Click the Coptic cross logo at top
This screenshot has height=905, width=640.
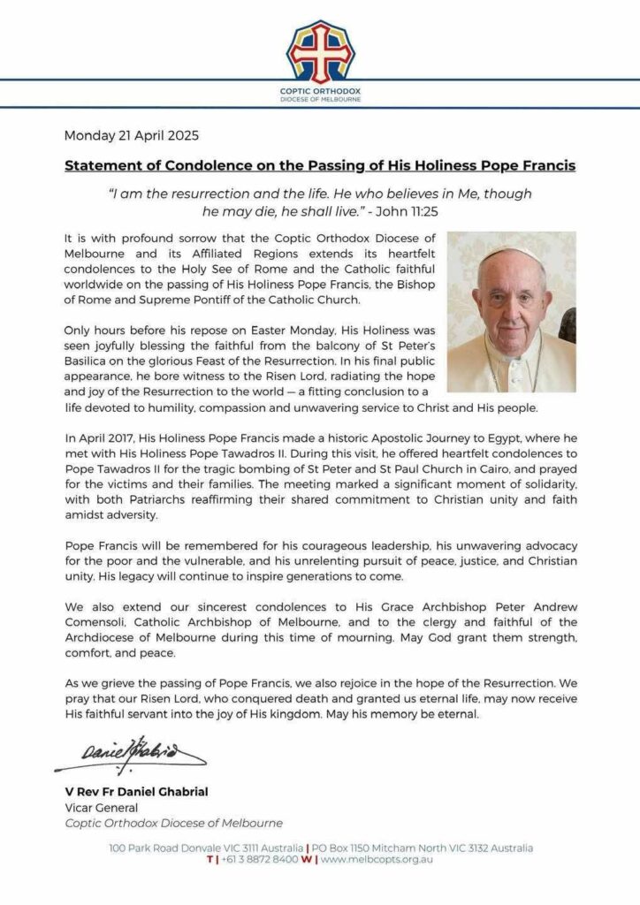click(x=320, y=52)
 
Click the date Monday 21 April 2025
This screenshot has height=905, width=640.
click(x=132, y=136)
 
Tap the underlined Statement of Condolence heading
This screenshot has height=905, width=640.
click(x=320, y=165)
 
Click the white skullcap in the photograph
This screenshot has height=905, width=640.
click(x=513, y=254)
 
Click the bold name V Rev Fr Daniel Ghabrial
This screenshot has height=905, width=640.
click(x=137, y=792)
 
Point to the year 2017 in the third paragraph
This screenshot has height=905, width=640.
click(x=114, y=436)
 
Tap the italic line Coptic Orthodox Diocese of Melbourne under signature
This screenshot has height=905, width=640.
click(x=174, y=823)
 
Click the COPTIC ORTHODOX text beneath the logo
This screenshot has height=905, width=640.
click(x=320, y=91)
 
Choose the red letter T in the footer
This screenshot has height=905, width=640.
click(x=209, y=859)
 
